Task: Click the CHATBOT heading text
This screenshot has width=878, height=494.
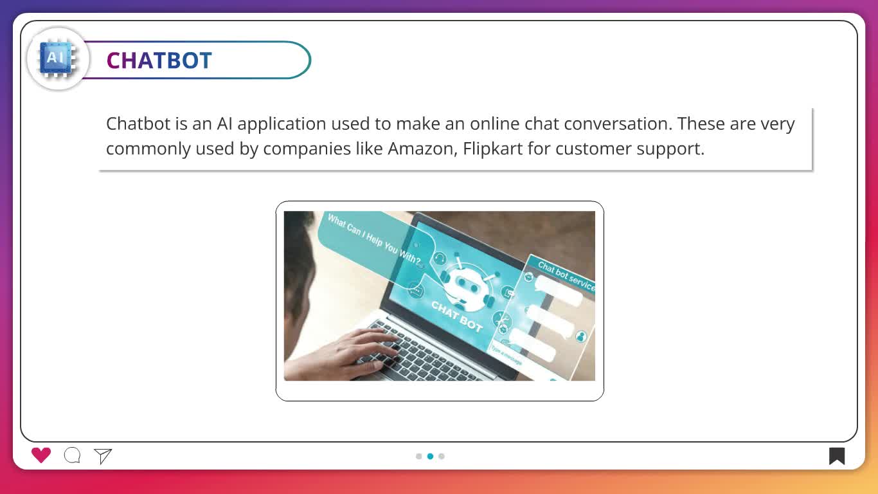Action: click(x=159, y=60)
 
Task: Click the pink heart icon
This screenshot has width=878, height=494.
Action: click(x=41, y=455)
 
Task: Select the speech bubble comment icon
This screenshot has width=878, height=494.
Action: click(x=73, y=455)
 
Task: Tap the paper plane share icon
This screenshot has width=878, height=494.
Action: click(x=103, y=456)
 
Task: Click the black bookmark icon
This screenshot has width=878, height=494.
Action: click(x=837, y=456)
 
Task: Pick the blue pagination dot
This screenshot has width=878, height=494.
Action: click(x=431, y=456)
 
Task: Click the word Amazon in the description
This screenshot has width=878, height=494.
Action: click(x=422, y=149)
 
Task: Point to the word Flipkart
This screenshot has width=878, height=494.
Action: click(x=493, y=149)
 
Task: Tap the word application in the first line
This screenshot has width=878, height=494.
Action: click(x=282, y=124)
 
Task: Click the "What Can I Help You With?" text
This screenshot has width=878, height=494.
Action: click(x=374, y=239)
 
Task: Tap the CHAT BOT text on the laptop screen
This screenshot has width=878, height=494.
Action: click(x=457, y=316)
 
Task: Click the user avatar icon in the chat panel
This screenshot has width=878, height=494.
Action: click(x=581, y=336)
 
